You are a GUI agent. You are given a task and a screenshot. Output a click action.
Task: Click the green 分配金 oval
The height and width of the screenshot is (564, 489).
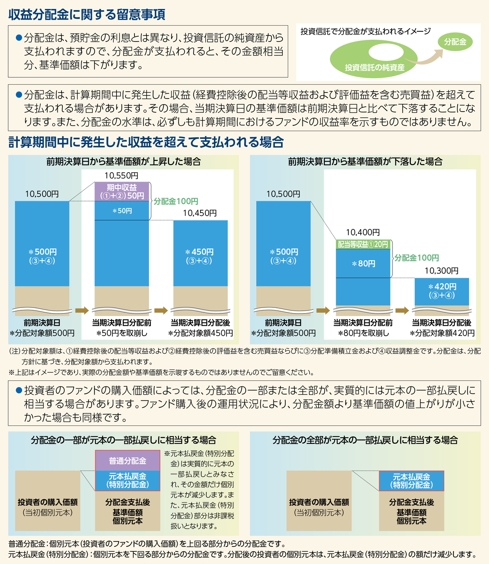click(x=455, y=42)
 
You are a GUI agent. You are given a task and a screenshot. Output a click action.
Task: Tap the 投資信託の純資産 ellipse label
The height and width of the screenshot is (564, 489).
click(x=374, y=67)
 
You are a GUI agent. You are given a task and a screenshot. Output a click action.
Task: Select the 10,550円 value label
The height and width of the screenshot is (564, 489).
click(x=121, y=176)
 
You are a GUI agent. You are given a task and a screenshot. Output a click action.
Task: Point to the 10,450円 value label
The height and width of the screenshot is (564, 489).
click(x=200, y=213)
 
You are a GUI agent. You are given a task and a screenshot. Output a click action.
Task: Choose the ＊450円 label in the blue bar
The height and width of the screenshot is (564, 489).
click(x=200, y=252)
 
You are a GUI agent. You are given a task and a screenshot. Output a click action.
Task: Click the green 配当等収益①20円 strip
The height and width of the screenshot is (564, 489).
click(x=363, y=244)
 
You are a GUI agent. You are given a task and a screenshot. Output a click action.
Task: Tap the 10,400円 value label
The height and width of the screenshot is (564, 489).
click(x=363, y=232)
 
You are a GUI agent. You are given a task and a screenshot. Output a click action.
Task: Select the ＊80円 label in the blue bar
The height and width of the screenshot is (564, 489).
click(x=363, y=264)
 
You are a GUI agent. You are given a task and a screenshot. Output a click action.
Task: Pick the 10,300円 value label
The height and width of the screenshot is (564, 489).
click(x=441, y=271)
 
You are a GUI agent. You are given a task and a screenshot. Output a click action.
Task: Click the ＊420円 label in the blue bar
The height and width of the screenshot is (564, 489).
click(x=442, y=287)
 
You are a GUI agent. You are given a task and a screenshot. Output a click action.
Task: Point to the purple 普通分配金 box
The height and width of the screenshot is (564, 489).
click(x=128, y=461)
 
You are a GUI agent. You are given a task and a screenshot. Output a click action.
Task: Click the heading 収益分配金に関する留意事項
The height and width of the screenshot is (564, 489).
click(x=87, y=15)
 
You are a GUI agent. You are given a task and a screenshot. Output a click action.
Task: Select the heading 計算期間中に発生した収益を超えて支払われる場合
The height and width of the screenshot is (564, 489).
click(x=146, y=142)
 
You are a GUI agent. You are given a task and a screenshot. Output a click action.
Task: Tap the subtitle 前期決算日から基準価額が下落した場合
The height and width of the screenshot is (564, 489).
click(x=365, y=162)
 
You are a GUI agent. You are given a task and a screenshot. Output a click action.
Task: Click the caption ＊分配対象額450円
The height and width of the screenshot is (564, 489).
click(x=200, y=333)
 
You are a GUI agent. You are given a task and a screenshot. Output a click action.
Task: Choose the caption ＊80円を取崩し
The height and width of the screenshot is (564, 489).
click(x=363, y=333)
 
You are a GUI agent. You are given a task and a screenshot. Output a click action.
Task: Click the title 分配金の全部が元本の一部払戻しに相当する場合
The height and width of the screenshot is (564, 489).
click(x=365, y=440)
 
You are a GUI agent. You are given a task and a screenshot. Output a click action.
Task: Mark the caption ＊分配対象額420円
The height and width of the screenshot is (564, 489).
click(x=442, y=333)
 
